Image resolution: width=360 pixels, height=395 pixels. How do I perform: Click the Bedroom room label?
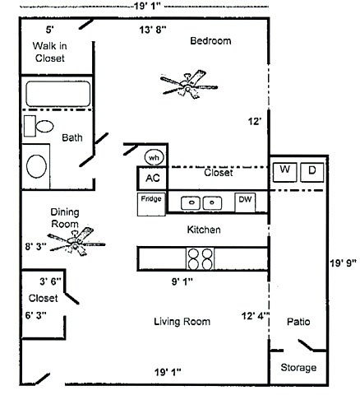coord(210,41)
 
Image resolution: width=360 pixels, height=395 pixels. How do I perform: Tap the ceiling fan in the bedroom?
coord(189,85)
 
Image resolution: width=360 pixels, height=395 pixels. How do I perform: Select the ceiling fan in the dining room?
coord(76,241)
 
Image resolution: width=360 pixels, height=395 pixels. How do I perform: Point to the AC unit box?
coord(152,178)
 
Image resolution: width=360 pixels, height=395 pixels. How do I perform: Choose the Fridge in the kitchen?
coord(151,204)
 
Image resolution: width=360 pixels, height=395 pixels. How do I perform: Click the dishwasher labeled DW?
coord(245,202)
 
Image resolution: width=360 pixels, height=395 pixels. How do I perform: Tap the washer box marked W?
coord(284,172)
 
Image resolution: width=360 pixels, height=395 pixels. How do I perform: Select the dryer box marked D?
coord(312,172)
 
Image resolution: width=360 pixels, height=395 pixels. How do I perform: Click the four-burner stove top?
coord(201,258)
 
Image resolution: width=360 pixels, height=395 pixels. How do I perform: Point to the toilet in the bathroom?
coord(39,126)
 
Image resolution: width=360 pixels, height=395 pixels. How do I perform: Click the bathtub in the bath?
coord(58,94)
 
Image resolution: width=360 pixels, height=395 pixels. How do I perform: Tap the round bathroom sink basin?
coord(36,166)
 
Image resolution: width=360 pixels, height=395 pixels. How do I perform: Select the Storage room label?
coord(298,368)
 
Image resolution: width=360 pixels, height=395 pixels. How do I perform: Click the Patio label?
coord(298,322)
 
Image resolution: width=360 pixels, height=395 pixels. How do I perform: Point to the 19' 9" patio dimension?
coord(343,263)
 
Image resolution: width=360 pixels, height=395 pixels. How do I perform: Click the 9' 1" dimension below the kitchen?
coord(182,281)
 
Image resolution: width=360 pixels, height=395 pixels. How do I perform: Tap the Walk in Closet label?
coord(49,52)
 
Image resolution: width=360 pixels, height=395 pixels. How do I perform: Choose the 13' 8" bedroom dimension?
coord(153,30)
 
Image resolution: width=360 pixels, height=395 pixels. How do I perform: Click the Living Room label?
coord(182,322)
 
